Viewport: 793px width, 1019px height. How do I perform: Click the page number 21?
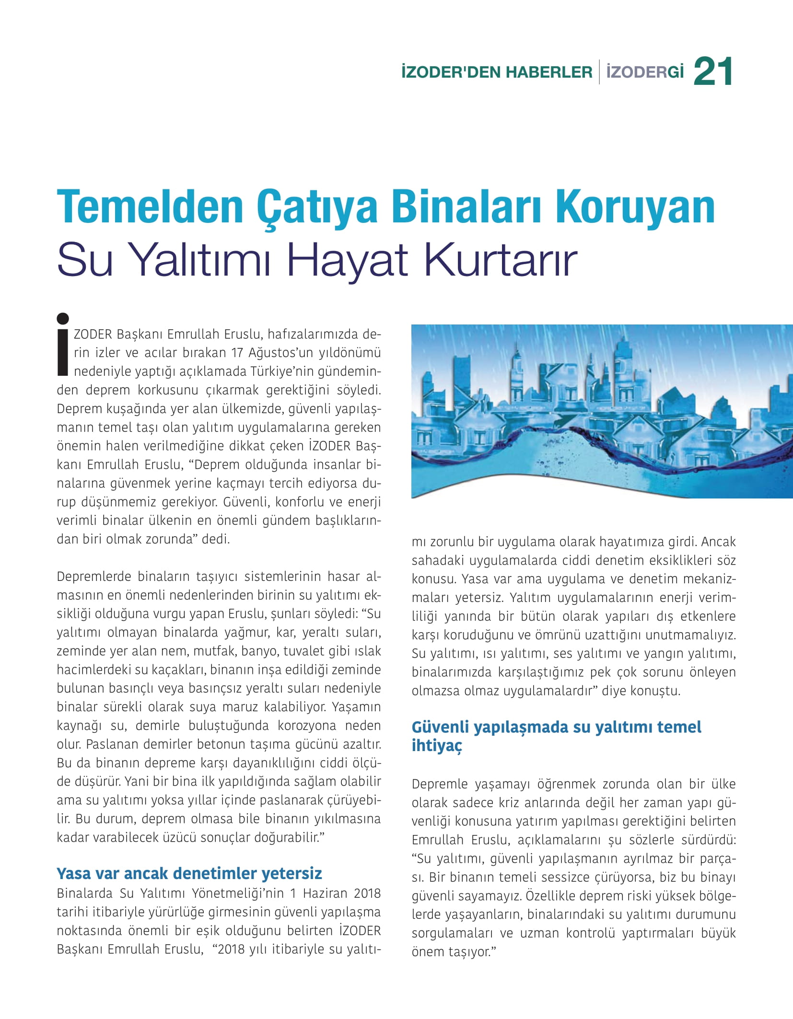[x=713, y=72]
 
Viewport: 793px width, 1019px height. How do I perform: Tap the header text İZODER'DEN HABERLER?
[x=497, y=73]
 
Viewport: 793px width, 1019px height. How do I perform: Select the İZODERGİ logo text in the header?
[x=645, y=73]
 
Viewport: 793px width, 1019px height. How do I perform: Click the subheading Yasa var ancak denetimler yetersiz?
[x=189, y=873]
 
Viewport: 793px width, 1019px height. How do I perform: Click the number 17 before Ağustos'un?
[x=237, y=353]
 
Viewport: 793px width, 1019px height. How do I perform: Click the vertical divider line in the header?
[x=599, y=73]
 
